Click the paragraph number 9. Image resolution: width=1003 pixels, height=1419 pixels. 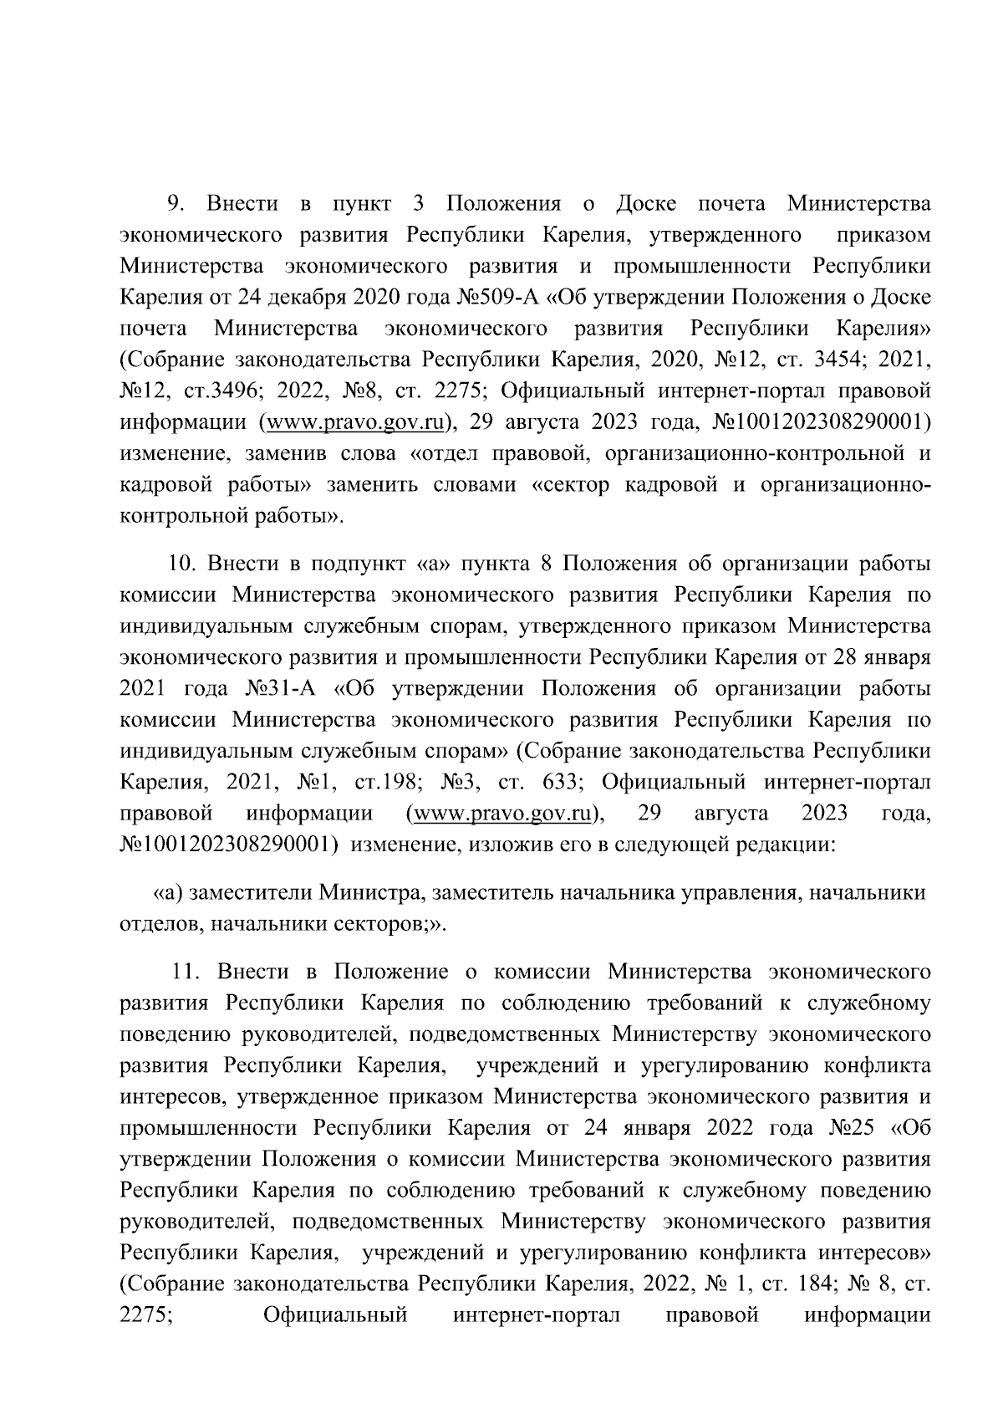[x=176, y=204]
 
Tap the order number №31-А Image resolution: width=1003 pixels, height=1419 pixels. [x=281, y=689]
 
